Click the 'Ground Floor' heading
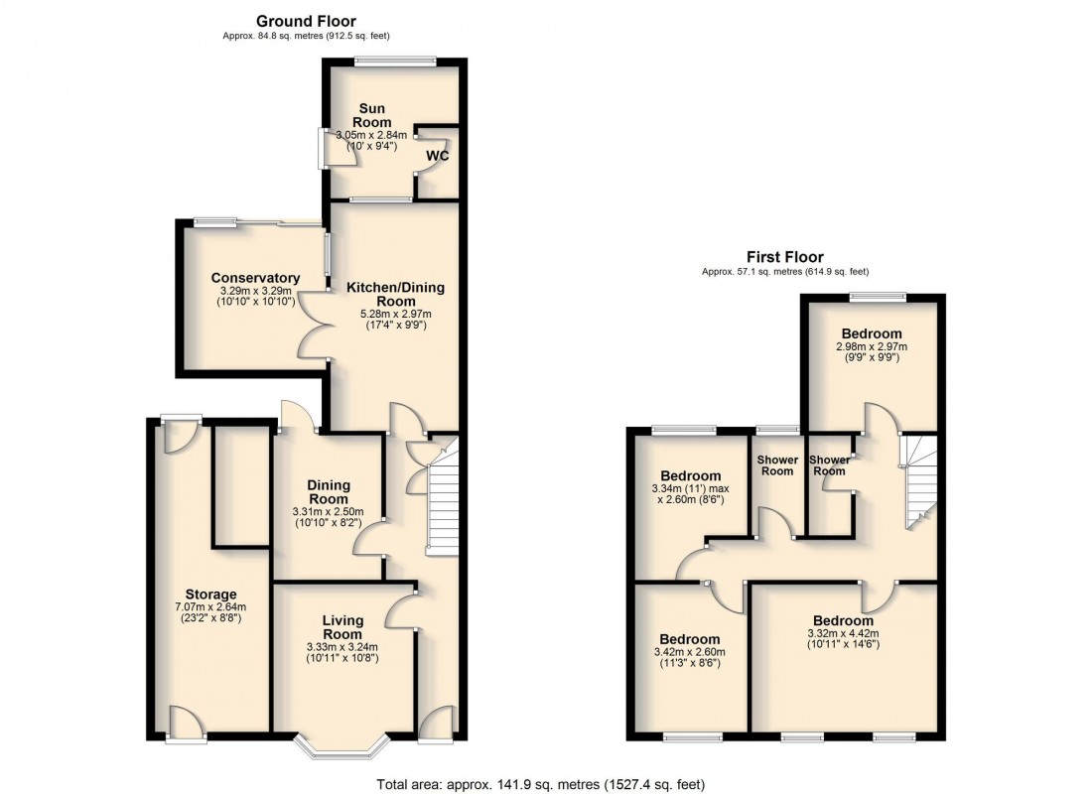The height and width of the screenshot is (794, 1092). [306, 21]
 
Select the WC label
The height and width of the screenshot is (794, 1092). [439, 157]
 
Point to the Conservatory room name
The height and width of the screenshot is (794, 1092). [255, 278]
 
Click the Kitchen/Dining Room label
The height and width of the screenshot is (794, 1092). [395, 294]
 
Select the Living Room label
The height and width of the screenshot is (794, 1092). [343, 627]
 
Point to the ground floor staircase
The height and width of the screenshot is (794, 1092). [441, 496]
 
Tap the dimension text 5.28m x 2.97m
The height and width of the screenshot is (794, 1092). [395, 314]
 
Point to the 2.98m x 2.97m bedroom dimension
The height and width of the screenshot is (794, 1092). [872, 347]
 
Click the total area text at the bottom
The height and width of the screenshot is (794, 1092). [541, 784]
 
